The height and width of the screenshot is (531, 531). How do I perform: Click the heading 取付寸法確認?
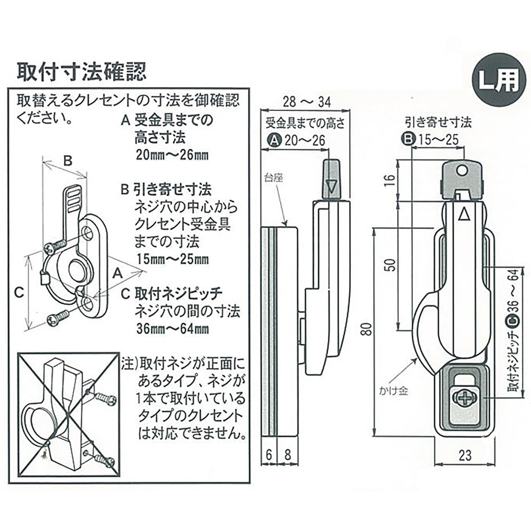click(x=81, y=72)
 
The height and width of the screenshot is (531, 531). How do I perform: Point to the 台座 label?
click(x=273, y=179)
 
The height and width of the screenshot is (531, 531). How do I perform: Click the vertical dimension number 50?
click(x=391, y=264)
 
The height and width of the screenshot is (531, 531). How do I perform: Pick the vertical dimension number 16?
click(x=391, y=180)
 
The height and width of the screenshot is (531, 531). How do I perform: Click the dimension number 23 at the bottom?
click(x=465, y=455)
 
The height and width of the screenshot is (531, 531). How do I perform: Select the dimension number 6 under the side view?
click(x=270, y=455)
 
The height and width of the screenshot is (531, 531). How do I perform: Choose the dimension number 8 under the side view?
click(x=287, y=455)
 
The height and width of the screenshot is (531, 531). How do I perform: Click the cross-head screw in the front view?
click(x=464, y=398)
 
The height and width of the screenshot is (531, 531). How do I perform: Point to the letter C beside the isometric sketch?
click(x=18, y=293)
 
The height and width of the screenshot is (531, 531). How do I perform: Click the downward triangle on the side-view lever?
click(x=331, y=187)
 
